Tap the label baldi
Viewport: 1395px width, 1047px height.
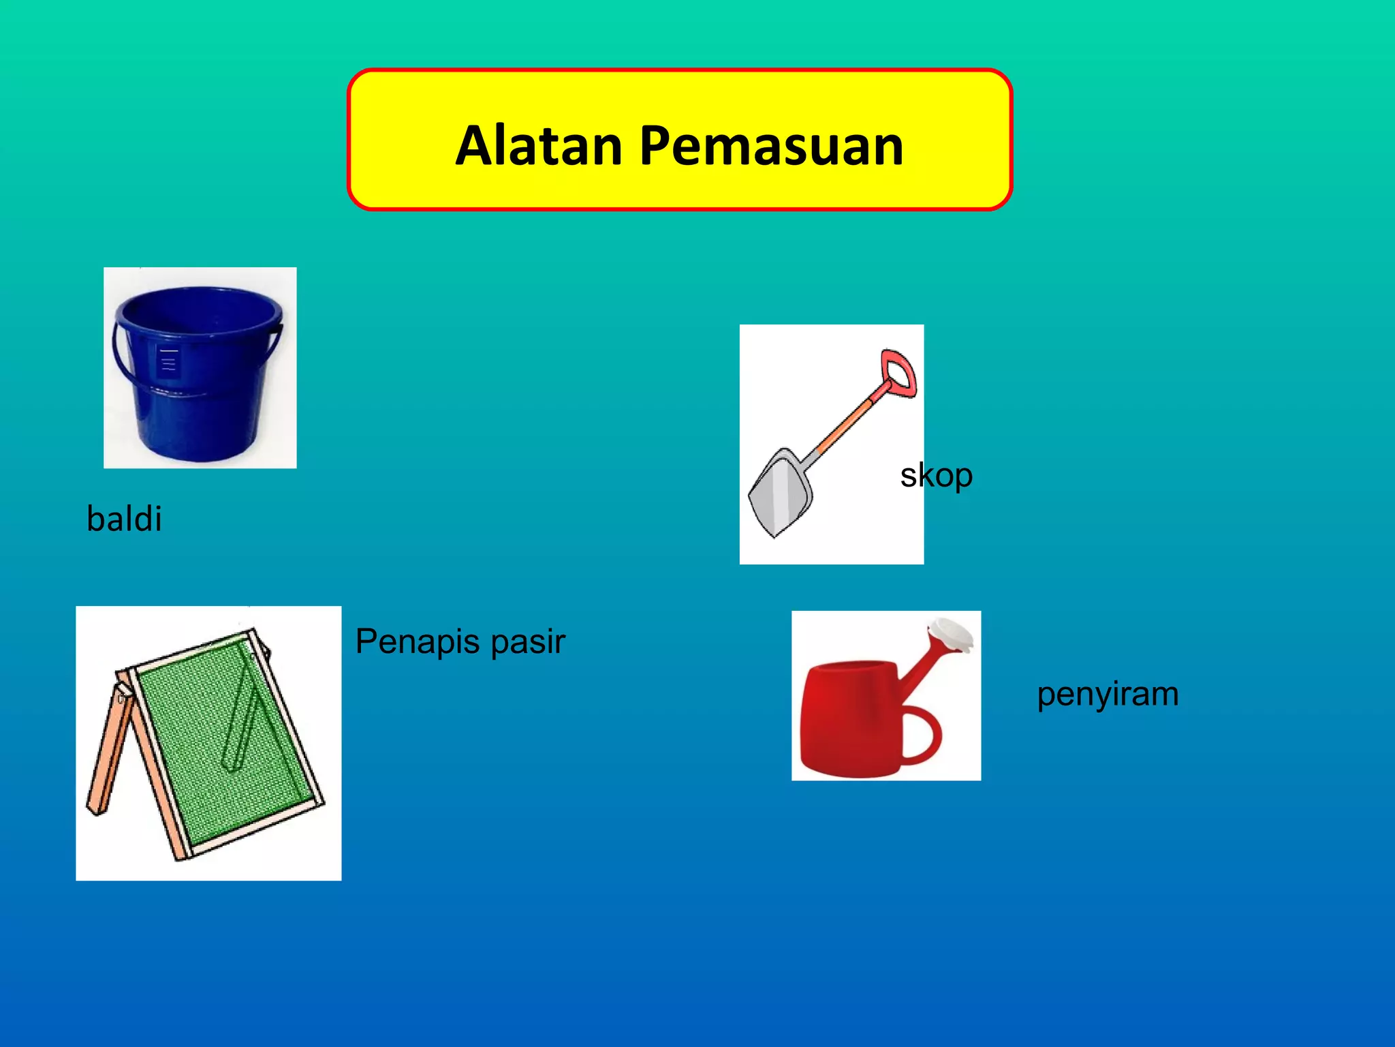124,519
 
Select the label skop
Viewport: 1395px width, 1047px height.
936,475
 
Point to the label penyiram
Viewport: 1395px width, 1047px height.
1108,695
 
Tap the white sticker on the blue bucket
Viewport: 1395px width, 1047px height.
168,361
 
